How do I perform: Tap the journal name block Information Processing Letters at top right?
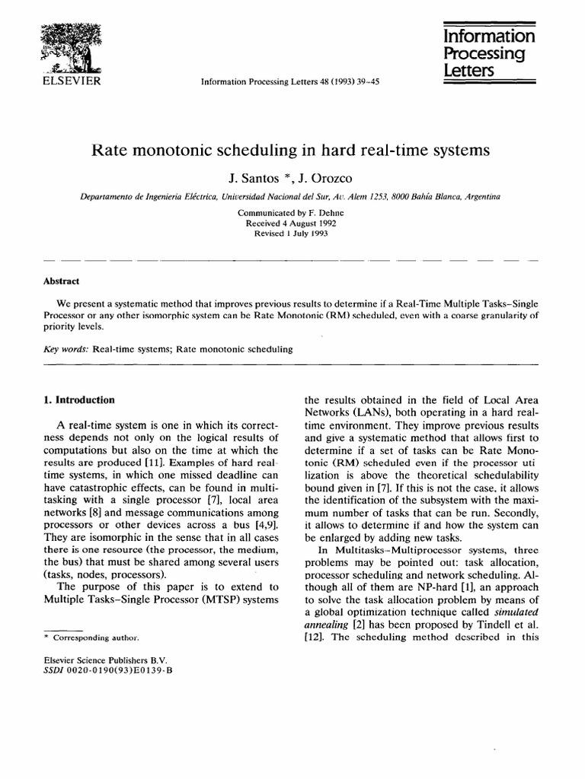click(489, 52)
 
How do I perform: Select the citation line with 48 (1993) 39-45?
click(303, 79)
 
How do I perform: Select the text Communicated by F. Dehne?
click(292, 213)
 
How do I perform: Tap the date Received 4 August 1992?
click(292, 224)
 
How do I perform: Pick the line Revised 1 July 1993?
click(292, 234)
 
